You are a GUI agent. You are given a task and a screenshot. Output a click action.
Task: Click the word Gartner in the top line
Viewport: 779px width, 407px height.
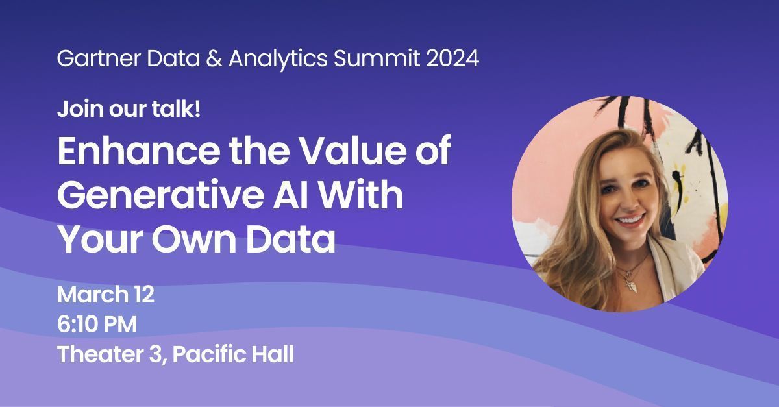tap(99, 58)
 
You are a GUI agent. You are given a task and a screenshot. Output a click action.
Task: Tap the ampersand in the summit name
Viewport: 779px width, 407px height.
tap(214, 58)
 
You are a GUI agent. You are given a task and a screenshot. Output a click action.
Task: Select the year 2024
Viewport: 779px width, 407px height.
tap(452, 58)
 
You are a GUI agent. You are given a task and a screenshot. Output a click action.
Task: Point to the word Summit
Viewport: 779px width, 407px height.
tap(377, 58)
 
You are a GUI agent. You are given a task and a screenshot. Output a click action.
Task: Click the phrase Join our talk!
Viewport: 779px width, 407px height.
tap(129, 109)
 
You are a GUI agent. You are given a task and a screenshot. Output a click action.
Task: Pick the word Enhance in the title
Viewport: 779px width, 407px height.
tap(138, 151)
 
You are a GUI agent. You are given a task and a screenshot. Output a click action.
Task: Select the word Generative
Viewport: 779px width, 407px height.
tap(160, 194)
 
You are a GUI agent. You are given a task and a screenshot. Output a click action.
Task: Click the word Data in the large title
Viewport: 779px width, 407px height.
tap(290, 239)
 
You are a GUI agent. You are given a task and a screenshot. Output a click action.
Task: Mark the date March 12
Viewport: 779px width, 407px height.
tap(106, 295)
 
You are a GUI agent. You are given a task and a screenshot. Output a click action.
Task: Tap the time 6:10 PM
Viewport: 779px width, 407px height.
tap(97, 324)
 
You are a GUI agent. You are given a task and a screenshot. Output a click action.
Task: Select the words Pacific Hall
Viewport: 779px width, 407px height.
tap(233, 354)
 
